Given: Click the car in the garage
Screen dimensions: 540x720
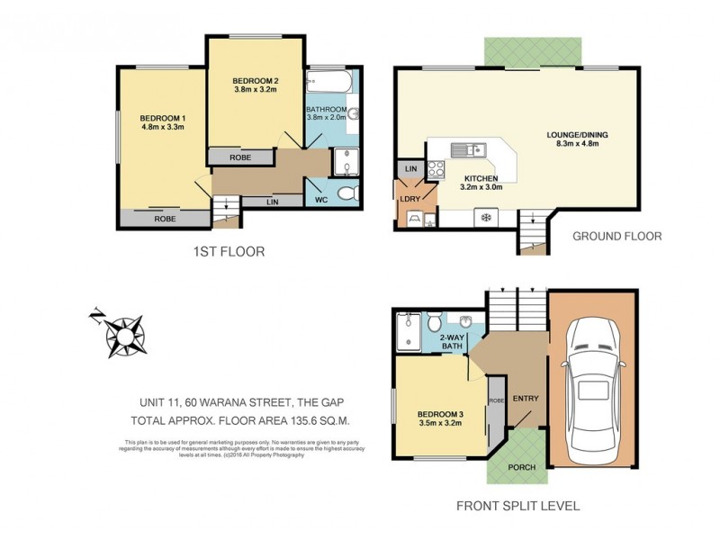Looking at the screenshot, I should click(592, 379).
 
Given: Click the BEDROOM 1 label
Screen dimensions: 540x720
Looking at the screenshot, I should click(163, 122).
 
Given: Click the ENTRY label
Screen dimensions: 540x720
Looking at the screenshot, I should click(525, 399).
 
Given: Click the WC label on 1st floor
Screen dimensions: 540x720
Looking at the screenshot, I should click(319, 197).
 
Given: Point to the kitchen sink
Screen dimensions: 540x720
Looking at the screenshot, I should click(467, 149).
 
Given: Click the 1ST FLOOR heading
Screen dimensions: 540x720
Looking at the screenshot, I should click(229, 252).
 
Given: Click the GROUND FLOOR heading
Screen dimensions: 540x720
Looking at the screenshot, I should click(617, 236).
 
